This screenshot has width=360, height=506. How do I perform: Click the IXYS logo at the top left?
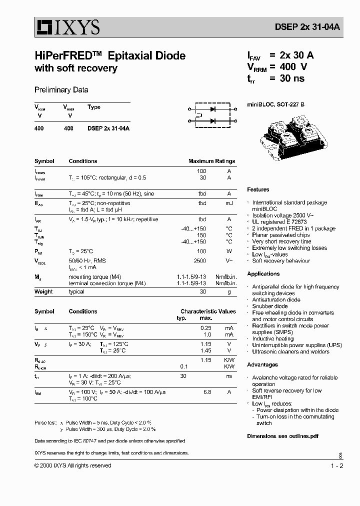pos(67,27)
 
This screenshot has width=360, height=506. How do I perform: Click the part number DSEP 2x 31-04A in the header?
pos(301,28)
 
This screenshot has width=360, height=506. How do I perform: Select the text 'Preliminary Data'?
pos(61,90)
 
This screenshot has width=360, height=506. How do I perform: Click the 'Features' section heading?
pos(258,190)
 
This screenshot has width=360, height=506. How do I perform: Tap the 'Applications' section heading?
pos(263,274)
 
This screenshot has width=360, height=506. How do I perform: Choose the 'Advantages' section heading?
pos(262,365)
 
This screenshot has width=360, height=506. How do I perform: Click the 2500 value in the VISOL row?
pos(199,261)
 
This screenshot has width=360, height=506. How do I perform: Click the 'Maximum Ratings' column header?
pos(211,161)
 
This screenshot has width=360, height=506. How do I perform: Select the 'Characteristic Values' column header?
pos(208,311)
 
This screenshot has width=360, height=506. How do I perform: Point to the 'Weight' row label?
pos(43,292)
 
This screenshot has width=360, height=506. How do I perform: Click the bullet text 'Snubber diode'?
pos(270,306)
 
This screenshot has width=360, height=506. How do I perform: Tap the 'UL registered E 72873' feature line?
pos(279,222)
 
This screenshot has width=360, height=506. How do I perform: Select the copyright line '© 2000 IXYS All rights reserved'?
pos(73,466)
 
